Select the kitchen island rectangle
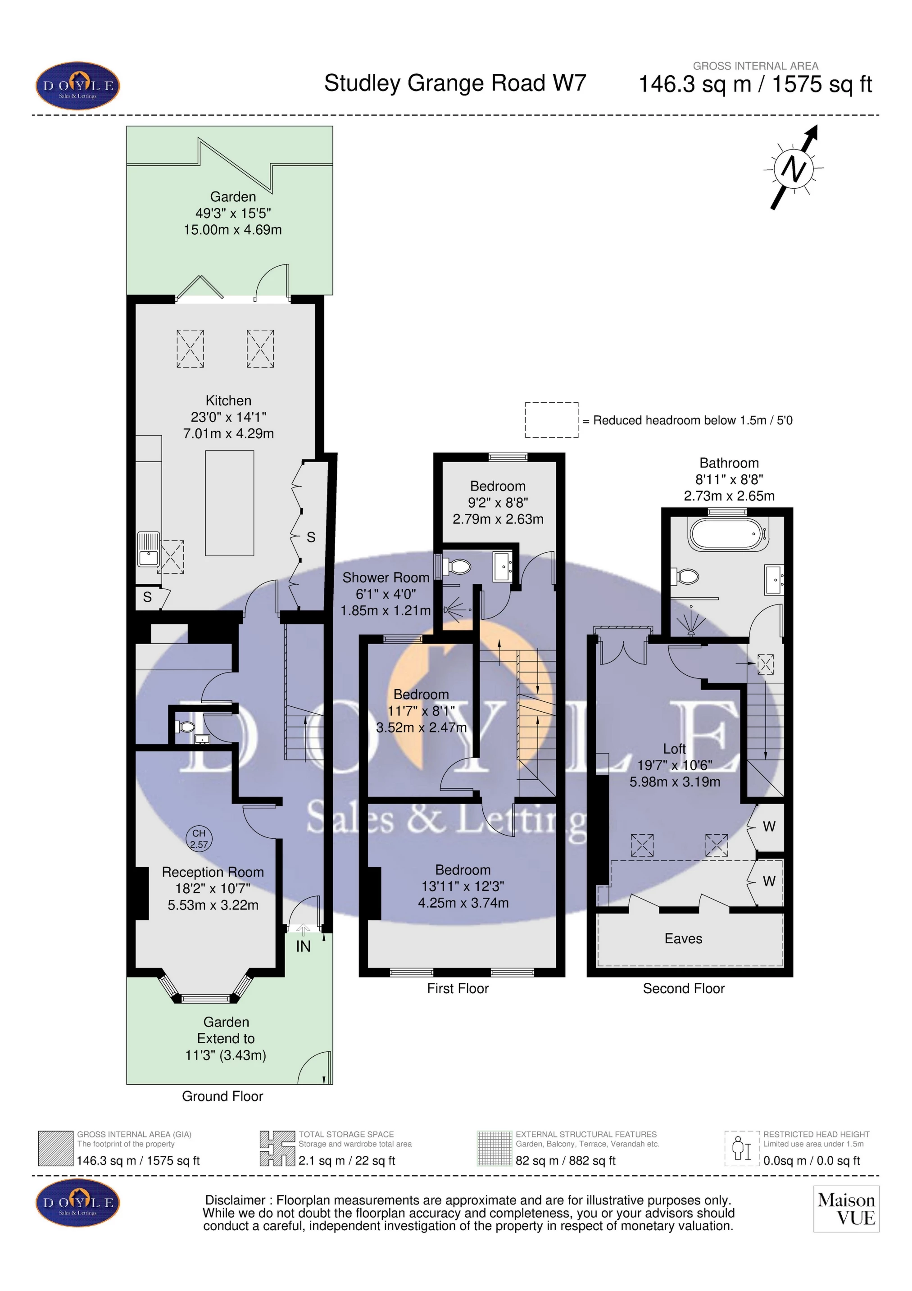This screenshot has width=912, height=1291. coord(229,503)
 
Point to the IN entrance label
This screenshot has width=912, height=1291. coord(303,947)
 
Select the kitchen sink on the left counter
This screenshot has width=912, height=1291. coord(149,550)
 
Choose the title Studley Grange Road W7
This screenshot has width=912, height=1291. coord(455,83)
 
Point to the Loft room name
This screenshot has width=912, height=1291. coord(674,749)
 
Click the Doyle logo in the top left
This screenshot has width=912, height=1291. coord(78,86)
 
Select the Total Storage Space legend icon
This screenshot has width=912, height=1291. coord(277,1148)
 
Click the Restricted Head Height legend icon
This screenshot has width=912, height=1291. coord(742,1148)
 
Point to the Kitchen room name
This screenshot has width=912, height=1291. coord(228,400)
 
